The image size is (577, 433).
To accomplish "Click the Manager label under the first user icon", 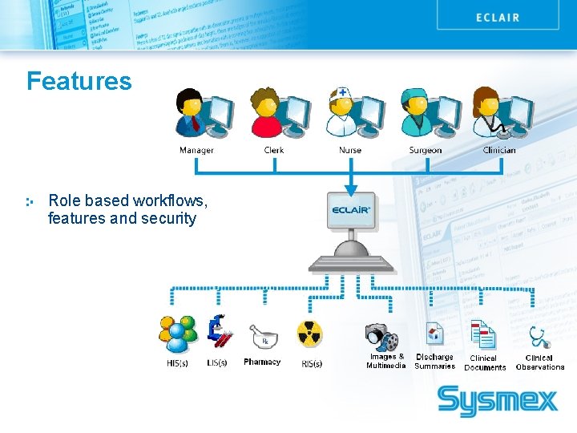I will click(196, 150).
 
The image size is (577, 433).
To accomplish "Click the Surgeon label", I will click(425, 150).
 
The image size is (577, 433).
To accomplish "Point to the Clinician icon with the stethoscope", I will click(501, 112).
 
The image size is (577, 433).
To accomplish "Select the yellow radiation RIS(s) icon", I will click(309, 335).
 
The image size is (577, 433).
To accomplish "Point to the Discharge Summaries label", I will click(434, 362).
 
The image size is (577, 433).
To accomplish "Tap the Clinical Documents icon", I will click(483, 335).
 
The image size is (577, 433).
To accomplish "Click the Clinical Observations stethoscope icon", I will click(539, 337).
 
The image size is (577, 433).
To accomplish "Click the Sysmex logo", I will click(497, 400).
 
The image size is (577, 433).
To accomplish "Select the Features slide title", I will click(79, 81).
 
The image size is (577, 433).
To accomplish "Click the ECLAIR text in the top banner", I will click(498, 17).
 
